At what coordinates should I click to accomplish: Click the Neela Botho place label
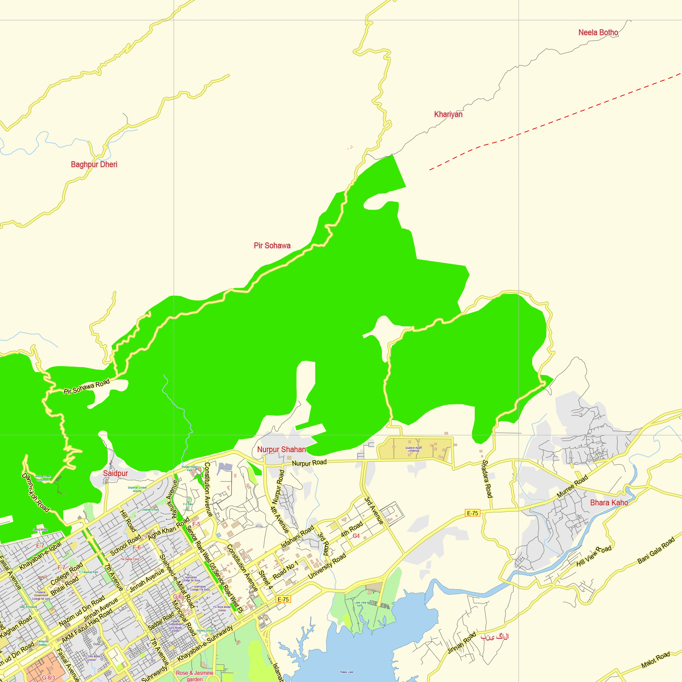[x=598, y=32]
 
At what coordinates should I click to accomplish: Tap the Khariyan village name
[x=448, y=114]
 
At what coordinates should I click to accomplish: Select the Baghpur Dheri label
[x=94, y=164]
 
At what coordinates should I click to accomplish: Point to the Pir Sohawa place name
[x=272, y=246]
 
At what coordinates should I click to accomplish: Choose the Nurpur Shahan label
[x=281, y=449]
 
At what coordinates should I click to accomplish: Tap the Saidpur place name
[x=116, y=473]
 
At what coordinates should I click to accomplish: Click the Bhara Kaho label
[x=609, y=503]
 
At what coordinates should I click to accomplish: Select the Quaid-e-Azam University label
[x=414, y=449]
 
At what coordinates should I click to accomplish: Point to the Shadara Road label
[x=487, y=479]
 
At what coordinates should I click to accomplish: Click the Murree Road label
[x=572, y=487]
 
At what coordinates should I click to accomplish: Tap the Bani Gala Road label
[x=656, y=550]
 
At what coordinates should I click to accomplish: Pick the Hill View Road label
[x=594, y=557]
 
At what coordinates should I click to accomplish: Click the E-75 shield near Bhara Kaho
[x=472, y=513]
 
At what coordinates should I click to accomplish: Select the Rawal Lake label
[x=347, y=672]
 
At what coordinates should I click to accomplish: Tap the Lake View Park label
[x=364, y=603]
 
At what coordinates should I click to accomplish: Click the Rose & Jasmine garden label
[x=194, y=676]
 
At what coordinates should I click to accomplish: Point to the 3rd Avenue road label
[x=374, y=510]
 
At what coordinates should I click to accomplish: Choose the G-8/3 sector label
[x=48, y=678]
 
